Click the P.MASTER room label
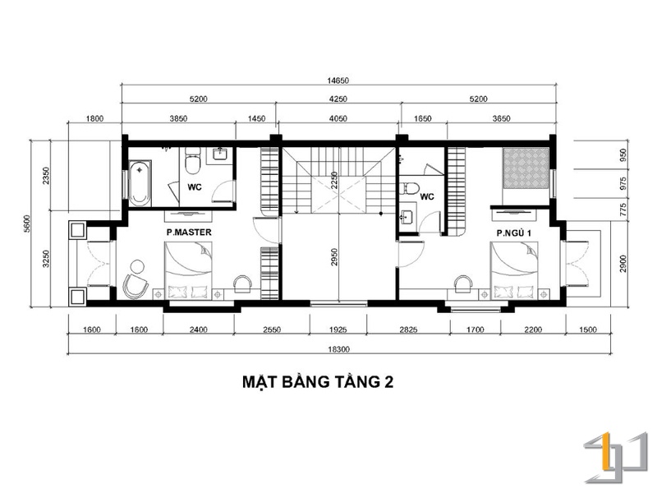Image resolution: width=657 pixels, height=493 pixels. tap(189, 233)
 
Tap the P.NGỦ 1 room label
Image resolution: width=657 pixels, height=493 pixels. tap(514, 233)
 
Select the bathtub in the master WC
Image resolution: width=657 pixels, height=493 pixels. tap(140, 183)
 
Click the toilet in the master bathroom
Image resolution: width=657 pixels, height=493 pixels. tap(193, 160)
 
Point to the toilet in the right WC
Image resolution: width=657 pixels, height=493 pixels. tap(409, 188)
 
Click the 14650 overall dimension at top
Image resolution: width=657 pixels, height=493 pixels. tap(338, 81)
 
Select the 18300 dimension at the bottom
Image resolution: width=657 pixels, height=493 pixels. tap(338, 349)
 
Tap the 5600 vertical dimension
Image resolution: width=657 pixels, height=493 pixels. tap(27, 223)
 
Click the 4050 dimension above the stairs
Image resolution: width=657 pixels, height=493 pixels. tap(338, 118)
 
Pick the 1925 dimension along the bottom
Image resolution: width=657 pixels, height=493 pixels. tap(338, 330)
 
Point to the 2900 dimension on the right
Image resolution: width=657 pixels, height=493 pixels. tap(623, 263)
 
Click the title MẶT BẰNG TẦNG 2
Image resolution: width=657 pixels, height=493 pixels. tap(318, 382)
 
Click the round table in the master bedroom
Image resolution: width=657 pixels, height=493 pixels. tap(137, 266)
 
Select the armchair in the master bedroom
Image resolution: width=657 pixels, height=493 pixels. tap(135, 286)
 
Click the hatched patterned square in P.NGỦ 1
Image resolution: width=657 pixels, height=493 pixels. tap(526, 168)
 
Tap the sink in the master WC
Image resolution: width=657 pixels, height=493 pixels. tap(220, 154)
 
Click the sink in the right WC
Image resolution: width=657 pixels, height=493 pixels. tap(407, 217)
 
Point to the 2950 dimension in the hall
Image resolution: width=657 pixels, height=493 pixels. tap(334, 257)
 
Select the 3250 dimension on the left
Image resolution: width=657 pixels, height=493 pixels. tap(46, 259)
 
